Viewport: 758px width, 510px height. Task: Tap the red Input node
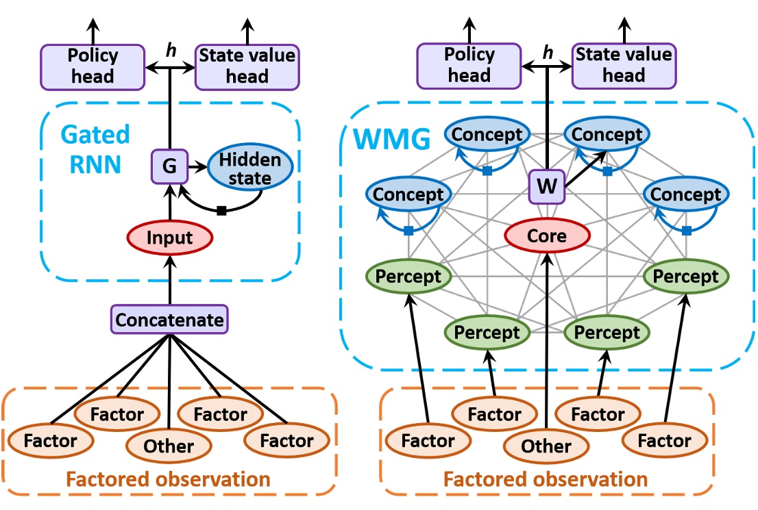(x=169, y=238)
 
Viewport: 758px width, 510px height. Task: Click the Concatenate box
(x=169, y=320)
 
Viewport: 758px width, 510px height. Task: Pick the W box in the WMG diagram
(x=547, y=186)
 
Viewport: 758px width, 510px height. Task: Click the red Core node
(x=547, y=236)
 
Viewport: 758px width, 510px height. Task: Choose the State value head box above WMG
(x=622, y=66)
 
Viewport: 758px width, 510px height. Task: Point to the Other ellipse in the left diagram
(x=169, y=446)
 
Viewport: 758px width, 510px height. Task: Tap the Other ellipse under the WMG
(x=547, y=446)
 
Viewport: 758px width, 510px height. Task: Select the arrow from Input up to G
(x=169, y=203)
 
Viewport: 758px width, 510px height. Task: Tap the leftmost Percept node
(x=410, y=277)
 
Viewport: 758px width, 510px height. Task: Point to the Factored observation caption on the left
(x=169, y=479)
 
